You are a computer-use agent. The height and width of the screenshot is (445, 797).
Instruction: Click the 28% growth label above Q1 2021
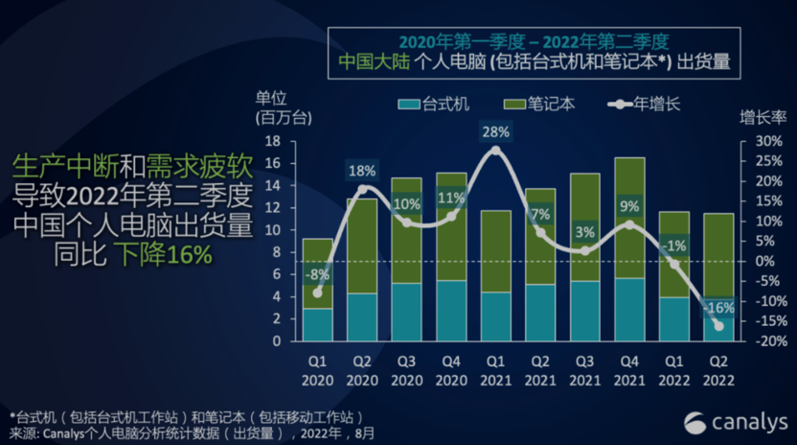[496, 131]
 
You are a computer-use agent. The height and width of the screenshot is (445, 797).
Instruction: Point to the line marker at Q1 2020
[317, 293]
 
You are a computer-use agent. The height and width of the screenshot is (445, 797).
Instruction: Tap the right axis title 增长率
[763, 118]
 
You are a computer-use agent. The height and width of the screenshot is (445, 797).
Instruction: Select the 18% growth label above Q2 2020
[361, 171]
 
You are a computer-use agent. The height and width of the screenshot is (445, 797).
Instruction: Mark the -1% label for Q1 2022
[673, 246]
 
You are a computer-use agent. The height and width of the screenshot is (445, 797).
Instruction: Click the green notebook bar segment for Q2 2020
[361, 246]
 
